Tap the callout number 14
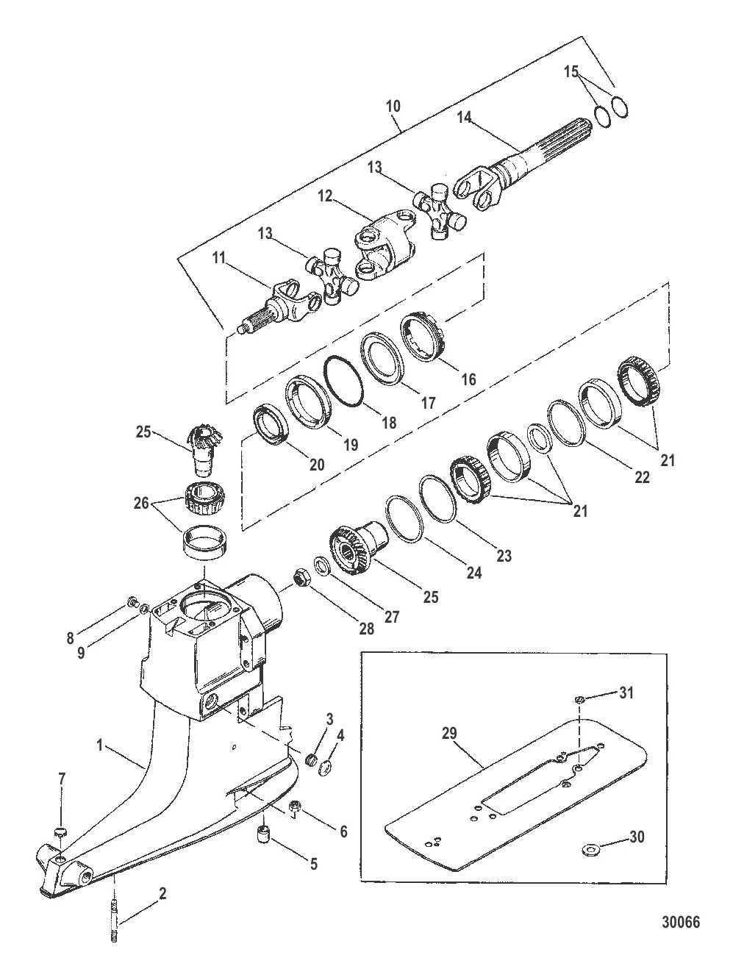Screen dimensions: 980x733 click(463, 117)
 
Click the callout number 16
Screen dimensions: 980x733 click(468, 379)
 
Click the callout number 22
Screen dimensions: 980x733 click(641, 476)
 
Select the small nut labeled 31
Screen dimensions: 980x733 click(579, 699)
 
